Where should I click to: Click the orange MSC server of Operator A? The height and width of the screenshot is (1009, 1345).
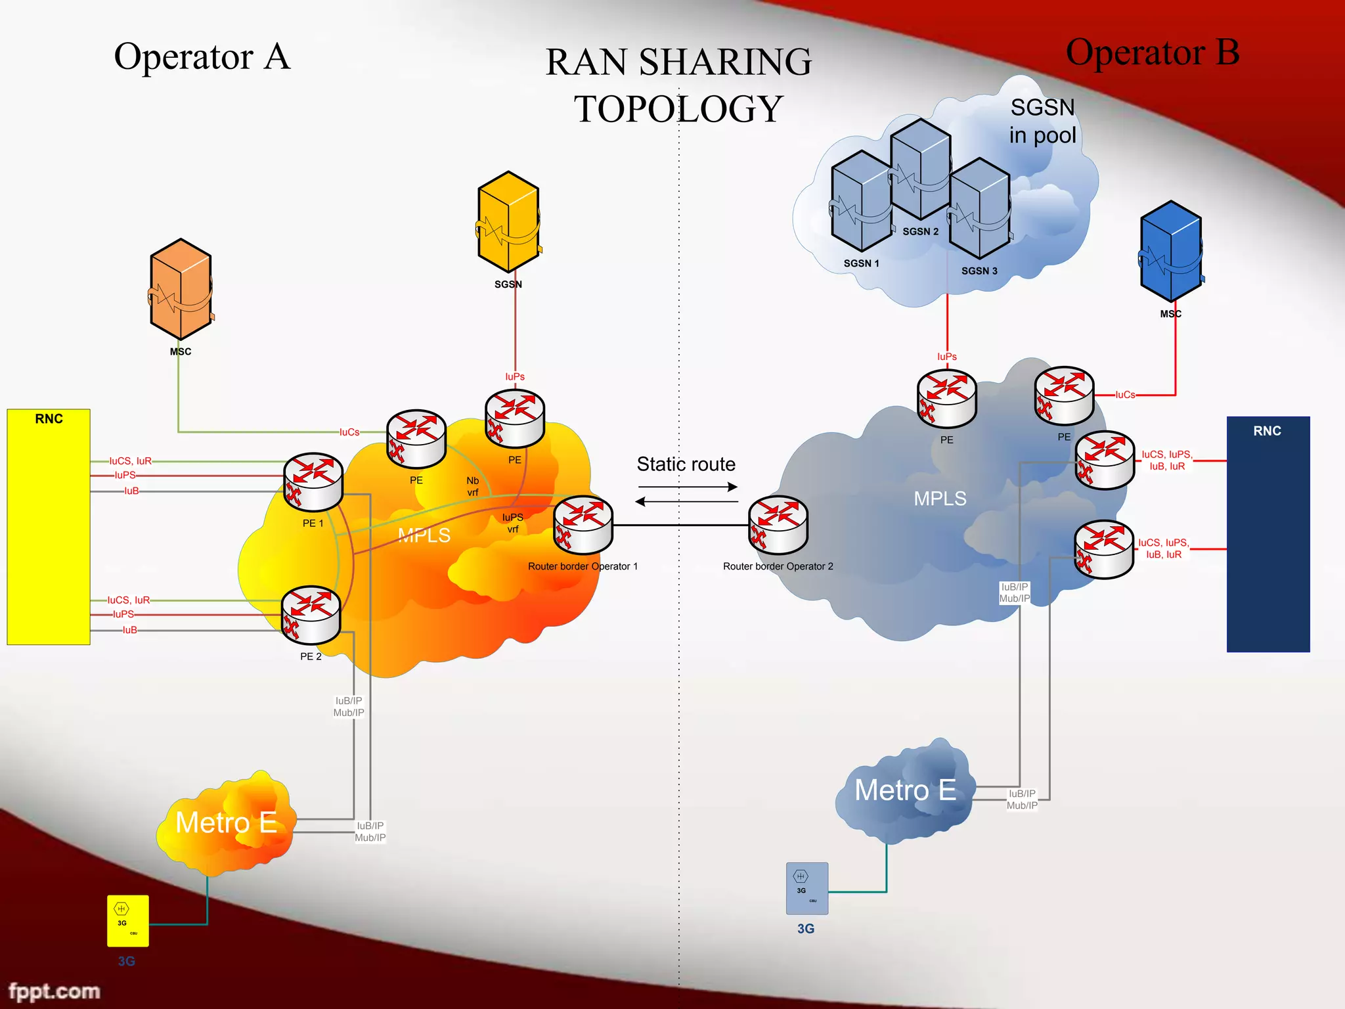click(x=181, y=289)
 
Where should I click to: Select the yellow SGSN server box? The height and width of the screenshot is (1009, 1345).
click(x=508, y=222)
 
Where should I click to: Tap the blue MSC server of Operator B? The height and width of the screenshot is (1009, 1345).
click(x=1171, y=252)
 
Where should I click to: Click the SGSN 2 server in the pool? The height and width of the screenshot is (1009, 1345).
click(x=921, y=169)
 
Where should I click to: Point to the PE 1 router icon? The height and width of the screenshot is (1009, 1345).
click(x=313, y=482)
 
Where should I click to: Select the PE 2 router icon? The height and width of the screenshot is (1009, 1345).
click(x=311, y=615)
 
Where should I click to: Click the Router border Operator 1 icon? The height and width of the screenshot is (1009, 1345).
click(x=583, y=525)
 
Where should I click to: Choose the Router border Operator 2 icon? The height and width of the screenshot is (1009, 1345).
click(x=778, y=525)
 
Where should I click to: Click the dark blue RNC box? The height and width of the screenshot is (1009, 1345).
click(x=1268, y=534)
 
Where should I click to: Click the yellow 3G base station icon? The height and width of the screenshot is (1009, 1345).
click(x=128, y=921)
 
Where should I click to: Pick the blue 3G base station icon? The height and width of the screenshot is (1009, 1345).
click(x=807, y=888)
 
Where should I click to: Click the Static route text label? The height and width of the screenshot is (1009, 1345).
click(x=686, y=464)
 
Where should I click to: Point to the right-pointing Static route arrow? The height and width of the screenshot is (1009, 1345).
click(x=688, y=487)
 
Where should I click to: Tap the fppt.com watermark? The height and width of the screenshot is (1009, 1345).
click(x=54, y=991)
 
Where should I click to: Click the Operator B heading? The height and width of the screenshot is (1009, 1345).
click(x=1153, y=52)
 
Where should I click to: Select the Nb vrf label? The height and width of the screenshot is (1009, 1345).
click(x=473, y=486)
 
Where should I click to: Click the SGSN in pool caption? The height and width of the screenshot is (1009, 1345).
click(x=1042, y=121)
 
